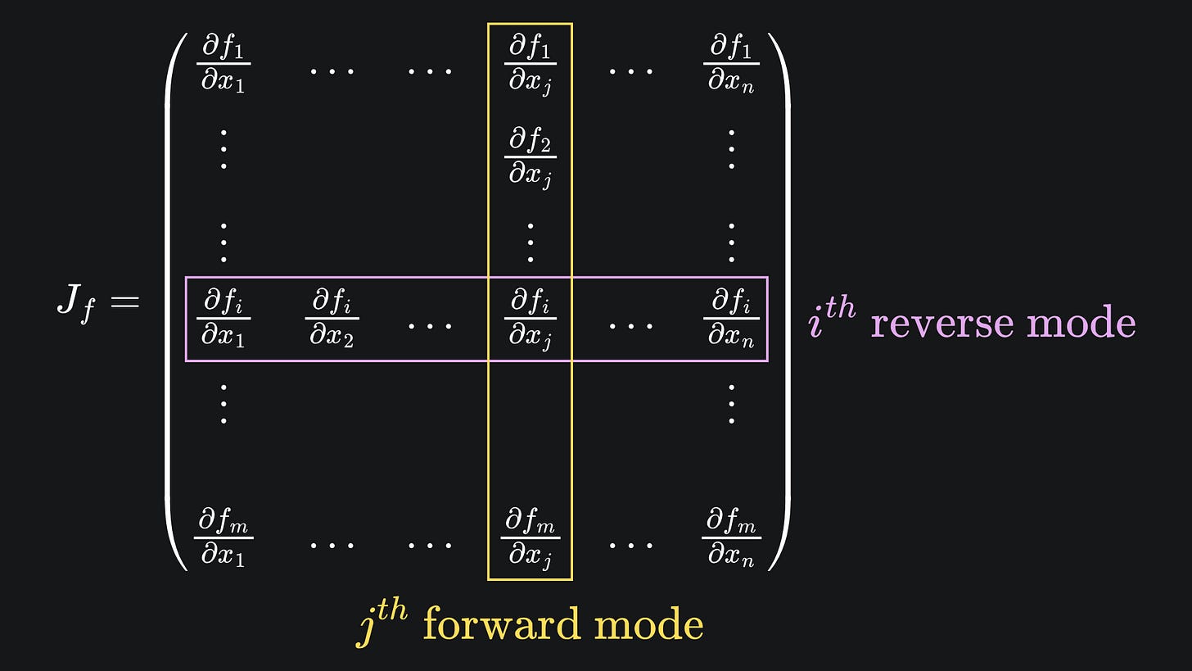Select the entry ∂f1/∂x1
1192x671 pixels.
(223, 64)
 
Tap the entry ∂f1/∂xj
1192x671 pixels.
(531, 64)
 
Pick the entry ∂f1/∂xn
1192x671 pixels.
(731, 64)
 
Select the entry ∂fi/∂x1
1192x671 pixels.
(223, 319)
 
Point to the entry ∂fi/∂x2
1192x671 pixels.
(332, 319)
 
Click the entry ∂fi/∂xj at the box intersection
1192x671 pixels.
(531, 319)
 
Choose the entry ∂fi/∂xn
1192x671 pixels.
(731, 319)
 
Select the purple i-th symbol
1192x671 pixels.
(832, 318)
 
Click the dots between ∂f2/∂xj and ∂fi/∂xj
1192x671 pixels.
(531, 242)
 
